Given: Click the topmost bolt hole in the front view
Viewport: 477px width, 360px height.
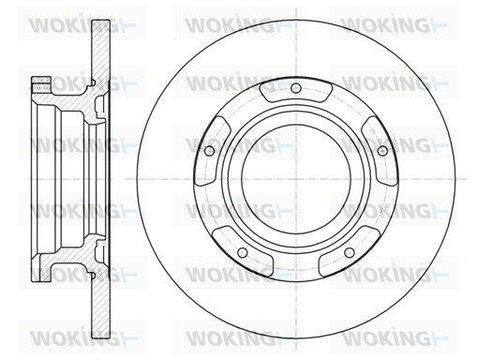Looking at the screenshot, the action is tap(295, 88).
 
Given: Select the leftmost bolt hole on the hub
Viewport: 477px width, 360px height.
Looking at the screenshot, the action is tap(209, 151).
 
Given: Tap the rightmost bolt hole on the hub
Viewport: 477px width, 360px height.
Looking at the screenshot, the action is tap(382, 151).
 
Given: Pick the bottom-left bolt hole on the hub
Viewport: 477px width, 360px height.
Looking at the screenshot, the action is tap(243, 252).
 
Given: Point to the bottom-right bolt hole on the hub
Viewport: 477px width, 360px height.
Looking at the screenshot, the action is tap(350, 252).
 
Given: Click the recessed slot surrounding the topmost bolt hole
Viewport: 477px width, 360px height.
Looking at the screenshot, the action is tap(295, 91).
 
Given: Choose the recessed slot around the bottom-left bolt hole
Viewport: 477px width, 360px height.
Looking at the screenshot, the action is tap(243, 252).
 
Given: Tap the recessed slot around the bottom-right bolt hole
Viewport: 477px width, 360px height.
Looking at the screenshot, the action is tap(350, 252).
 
